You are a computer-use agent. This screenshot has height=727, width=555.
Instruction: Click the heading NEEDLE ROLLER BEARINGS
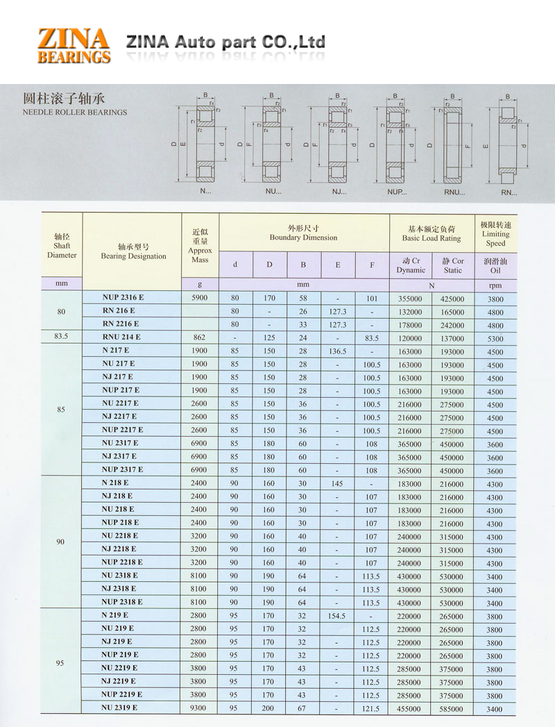[x=75, y=112]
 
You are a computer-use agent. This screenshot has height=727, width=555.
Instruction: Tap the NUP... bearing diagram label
[x=398, y=191]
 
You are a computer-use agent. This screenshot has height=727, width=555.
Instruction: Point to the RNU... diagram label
[x=454, y=191]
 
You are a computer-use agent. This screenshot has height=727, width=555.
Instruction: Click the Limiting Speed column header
[x=495, y=234]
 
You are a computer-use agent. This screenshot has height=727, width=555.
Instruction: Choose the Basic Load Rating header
[x=431, y=233]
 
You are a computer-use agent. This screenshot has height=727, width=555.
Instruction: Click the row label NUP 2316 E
[x=123, y=298]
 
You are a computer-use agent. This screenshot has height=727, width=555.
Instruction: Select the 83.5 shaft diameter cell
[x=61, y=337]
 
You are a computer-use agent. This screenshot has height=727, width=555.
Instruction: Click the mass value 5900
[x=199, y=299]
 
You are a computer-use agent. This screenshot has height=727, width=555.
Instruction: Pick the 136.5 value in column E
[x=338, y=351]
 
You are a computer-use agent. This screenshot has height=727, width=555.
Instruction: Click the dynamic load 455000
[x=409, y=709]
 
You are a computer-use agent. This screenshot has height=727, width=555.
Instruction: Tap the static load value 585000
[x=452, y=709]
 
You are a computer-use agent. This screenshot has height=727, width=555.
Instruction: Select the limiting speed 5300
[x=495, y=339]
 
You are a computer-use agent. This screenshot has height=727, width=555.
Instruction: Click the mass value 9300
[x=199, y=708]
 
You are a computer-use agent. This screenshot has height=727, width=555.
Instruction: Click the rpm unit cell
[x=495, y=285]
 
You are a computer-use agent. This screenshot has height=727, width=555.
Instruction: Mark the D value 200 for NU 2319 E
[x=269, y=708]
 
